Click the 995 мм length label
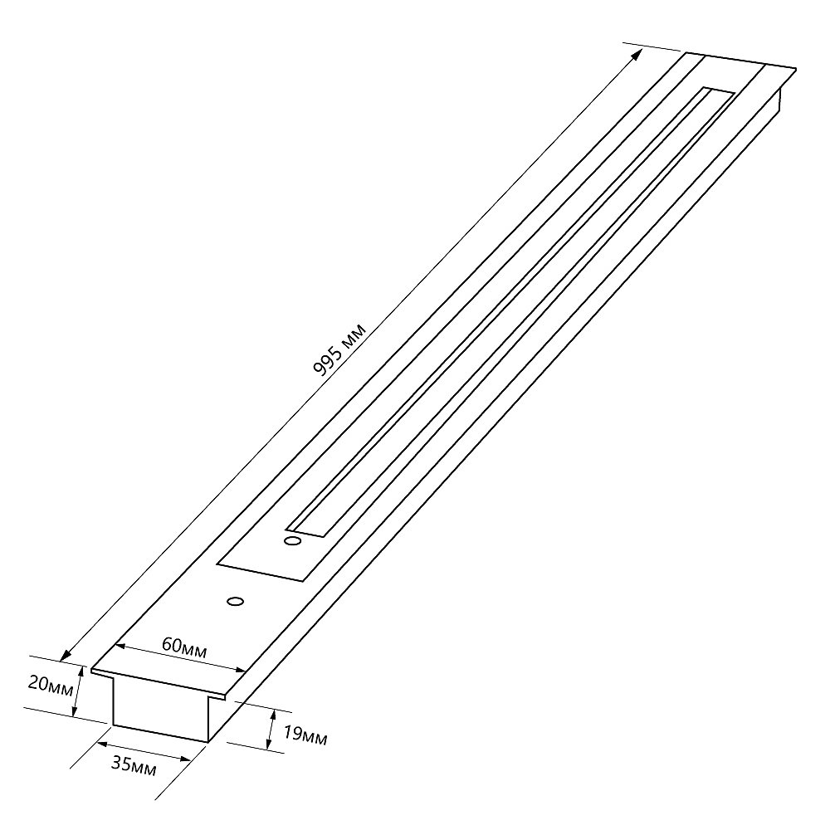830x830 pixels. coord(339,350)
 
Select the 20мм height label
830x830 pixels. coord(51,686)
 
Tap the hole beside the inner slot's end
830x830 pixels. coord(293,541)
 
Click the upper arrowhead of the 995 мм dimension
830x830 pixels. coord(637,54)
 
